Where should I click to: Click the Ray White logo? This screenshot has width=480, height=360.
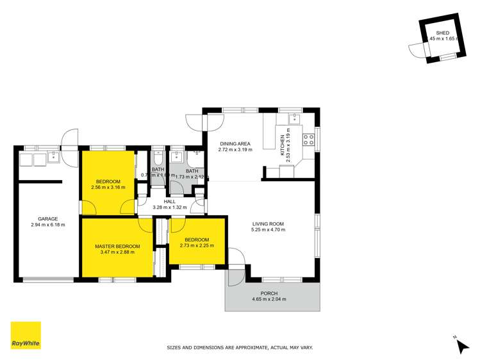[x=26, y=336]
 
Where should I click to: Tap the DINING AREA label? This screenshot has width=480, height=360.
[x=235, y=143]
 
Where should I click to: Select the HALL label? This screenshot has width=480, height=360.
[x=169, y=201]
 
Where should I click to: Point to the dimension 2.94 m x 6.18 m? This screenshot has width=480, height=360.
[x=47, y=225]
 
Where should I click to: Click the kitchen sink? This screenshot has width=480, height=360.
[x=295, y=118]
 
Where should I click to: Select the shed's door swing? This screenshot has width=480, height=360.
[x=415, y=50]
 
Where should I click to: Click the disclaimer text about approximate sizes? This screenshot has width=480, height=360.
[x=240, y=347]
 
